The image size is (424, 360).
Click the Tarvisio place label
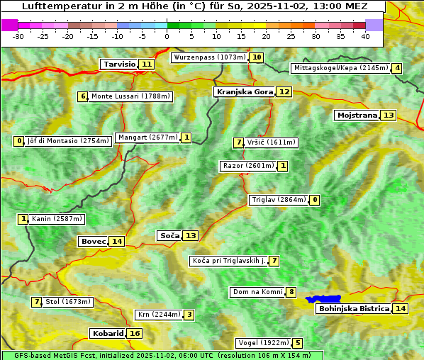[118, 64]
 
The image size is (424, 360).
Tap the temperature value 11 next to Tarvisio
[147, 64]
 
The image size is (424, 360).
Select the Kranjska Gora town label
[243, 92]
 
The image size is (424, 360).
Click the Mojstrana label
[357, 116]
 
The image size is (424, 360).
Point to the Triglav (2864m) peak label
[277, 200]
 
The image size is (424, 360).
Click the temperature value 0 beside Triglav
[315, 200]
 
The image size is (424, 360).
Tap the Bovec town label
[92, 242]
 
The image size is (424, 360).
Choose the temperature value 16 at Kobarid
[135, 334]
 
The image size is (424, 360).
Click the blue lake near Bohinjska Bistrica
[323, 299]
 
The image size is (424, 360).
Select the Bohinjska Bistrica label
[353, 309]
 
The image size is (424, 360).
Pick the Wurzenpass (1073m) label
[209, 57]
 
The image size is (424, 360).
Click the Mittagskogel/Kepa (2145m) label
[340, 68]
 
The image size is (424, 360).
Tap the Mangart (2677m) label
[147, 137]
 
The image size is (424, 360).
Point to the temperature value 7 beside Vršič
[238, 142]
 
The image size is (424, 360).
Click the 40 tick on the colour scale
[365, 36]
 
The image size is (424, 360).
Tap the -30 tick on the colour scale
[18, 36]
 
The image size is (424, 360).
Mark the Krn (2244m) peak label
[158, 315]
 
